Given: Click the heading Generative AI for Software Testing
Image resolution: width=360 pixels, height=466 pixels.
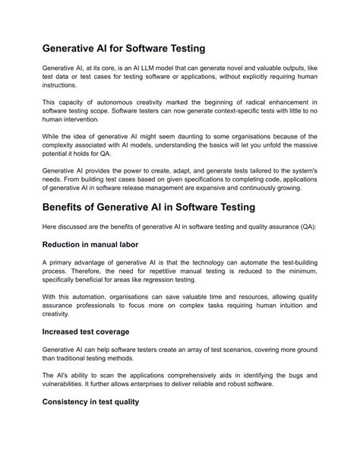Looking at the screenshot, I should (x=124, y=49).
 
